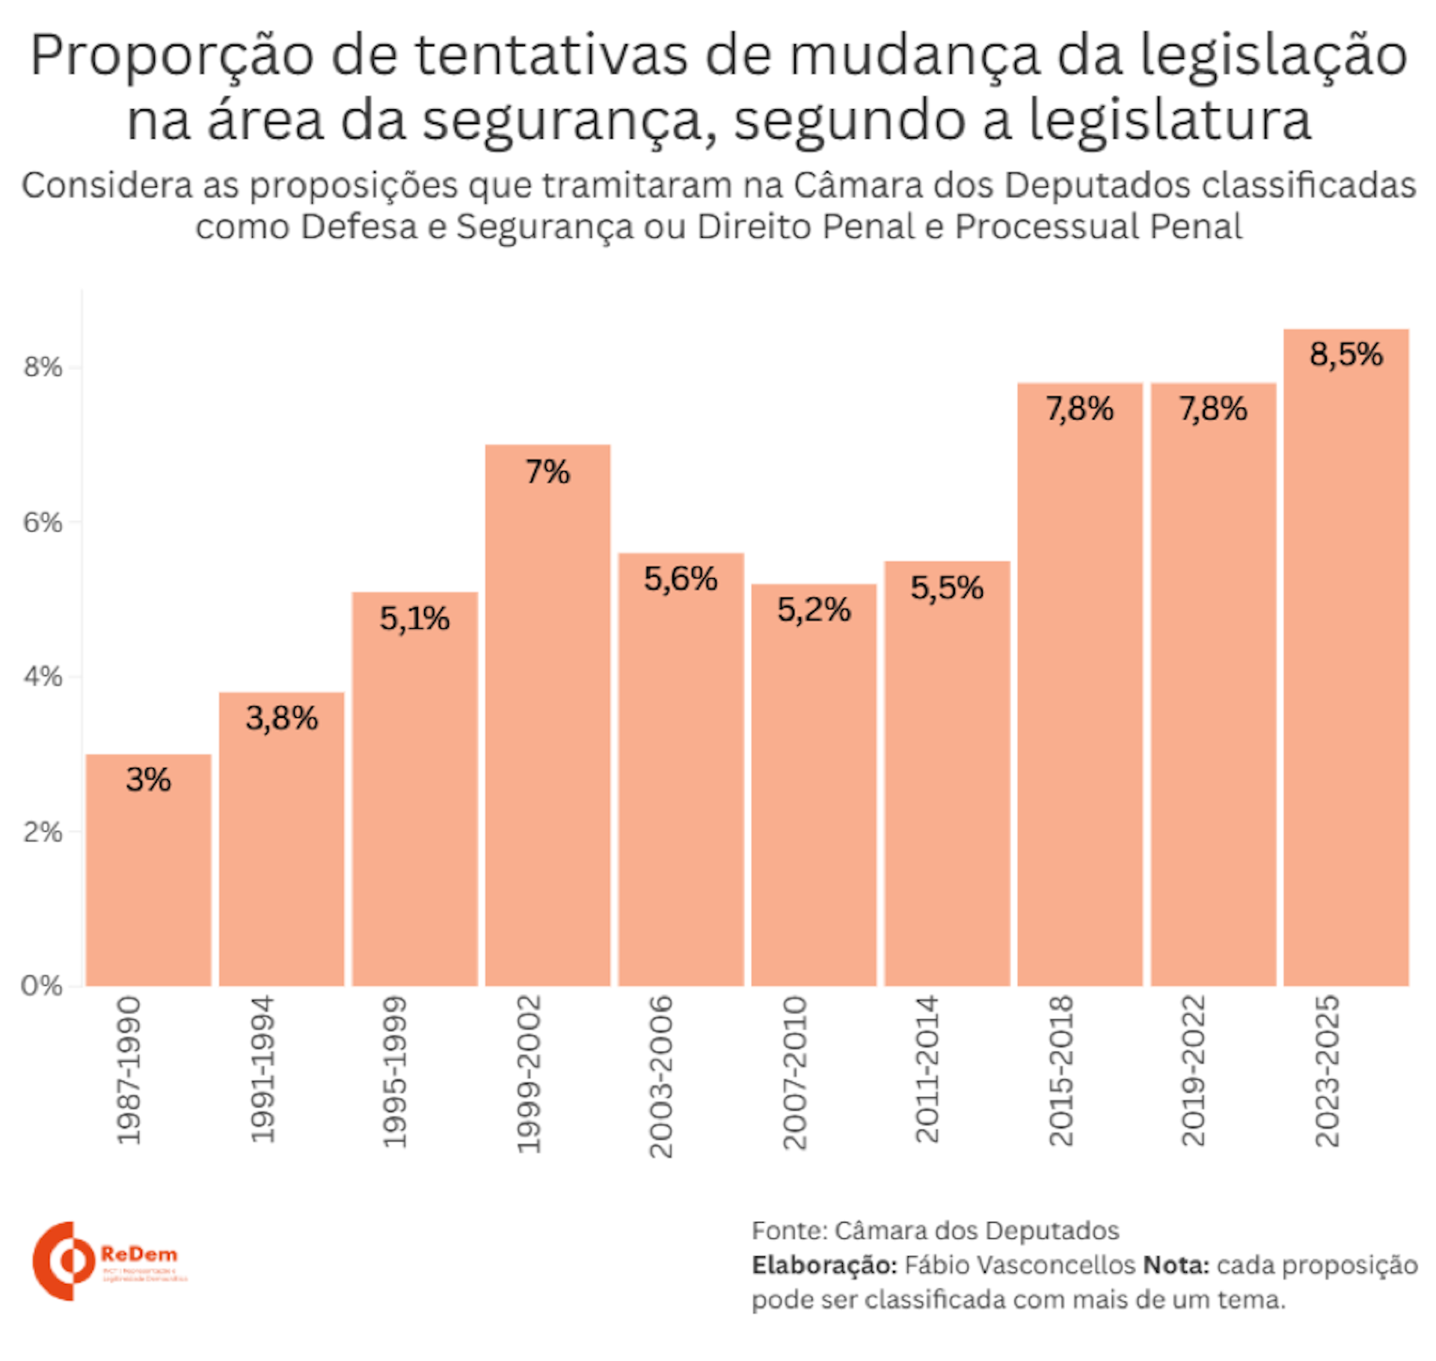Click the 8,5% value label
click(1346, 354)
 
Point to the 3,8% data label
click(282, 719)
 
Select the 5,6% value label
click(681, 579)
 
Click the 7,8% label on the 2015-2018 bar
click(1079, 409)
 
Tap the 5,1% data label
click(414, 618)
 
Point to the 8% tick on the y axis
click(43, 367)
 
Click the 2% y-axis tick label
click(43, 832)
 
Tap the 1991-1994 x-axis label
click(263, 1069)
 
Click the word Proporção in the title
click(171, 56)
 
